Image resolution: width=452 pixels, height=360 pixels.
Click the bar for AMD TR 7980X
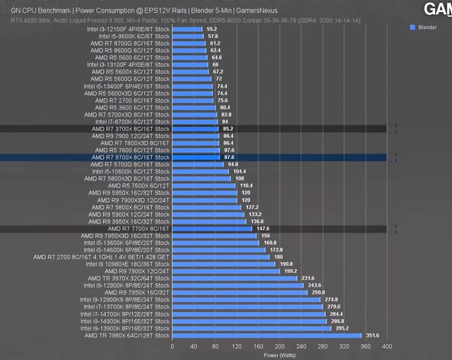267,335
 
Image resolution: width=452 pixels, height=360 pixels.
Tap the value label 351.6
371,335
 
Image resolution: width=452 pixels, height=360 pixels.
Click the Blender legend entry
427,27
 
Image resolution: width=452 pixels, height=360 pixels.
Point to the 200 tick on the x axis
279,347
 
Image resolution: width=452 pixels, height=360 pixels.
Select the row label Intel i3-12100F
128,29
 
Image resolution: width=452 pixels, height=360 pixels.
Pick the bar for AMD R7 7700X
212,229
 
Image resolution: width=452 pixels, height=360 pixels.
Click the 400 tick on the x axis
386,347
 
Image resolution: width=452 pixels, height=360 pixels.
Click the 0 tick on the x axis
172,347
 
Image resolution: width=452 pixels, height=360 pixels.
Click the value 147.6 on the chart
263,229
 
